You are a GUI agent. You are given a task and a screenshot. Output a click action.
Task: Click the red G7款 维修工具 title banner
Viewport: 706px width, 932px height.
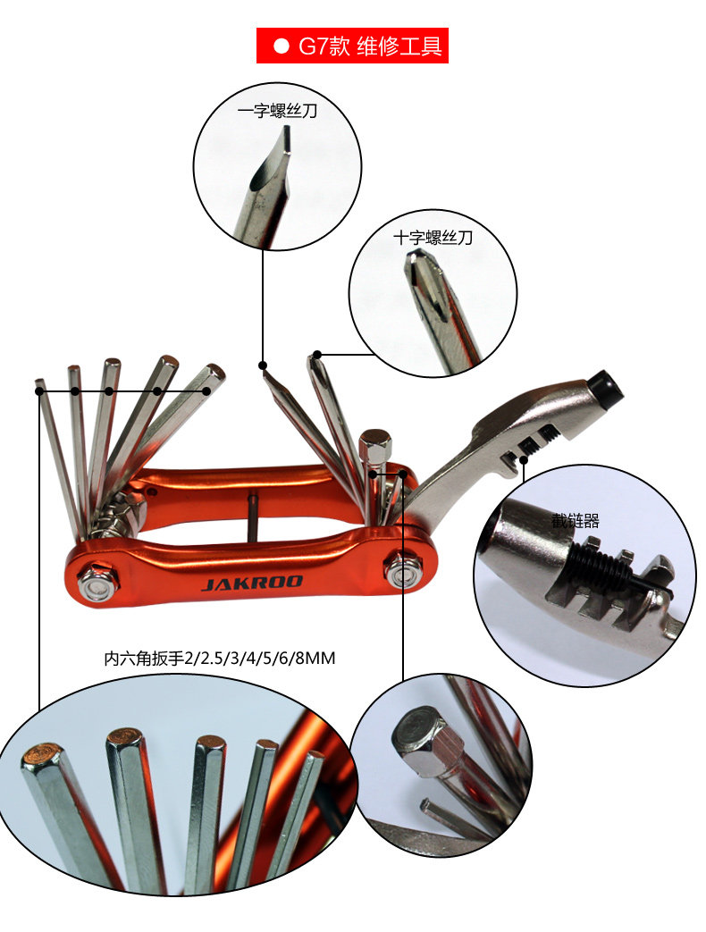[x=352, y=46]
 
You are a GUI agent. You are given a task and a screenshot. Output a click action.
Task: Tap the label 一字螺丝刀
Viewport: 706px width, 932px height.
[x=277, y=112]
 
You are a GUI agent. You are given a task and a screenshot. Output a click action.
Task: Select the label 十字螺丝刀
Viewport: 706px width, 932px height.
[x=433, y=238]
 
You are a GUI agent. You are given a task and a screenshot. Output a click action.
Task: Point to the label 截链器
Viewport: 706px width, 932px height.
[x=575, y=520]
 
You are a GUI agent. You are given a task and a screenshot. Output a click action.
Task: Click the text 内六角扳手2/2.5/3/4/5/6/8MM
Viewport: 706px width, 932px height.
[x=219, y=659]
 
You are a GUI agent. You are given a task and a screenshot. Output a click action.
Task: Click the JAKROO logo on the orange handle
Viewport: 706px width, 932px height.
[x=252, y=583]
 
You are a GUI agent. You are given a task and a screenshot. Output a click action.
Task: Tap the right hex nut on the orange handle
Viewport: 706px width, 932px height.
[x=402, y=569]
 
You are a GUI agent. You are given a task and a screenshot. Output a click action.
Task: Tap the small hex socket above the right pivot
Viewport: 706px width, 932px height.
[x=375, y=444]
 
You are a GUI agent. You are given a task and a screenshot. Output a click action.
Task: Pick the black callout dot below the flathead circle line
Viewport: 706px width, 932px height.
[x=263, y=365]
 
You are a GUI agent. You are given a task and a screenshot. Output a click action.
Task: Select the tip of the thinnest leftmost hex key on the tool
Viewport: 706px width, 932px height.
[x=40, y=386]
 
